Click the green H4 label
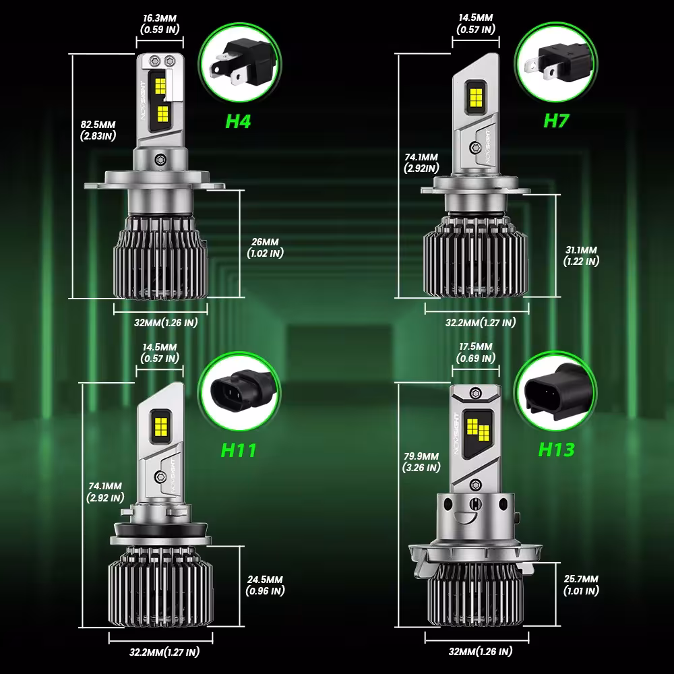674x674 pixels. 238,121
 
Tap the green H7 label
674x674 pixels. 556,121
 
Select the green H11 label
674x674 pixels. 239,450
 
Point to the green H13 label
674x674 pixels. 556,450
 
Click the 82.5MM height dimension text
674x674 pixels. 98,125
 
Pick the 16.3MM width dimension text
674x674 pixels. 160,18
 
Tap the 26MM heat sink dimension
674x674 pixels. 265,242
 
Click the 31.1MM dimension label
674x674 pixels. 581,250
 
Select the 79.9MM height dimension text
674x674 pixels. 421,456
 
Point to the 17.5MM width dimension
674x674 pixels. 476,346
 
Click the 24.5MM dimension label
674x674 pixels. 265,580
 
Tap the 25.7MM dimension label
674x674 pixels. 581,579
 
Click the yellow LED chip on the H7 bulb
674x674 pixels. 476,98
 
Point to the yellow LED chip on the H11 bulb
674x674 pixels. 160,426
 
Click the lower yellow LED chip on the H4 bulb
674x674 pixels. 162,113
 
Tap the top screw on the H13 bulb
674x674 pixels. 475,393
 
